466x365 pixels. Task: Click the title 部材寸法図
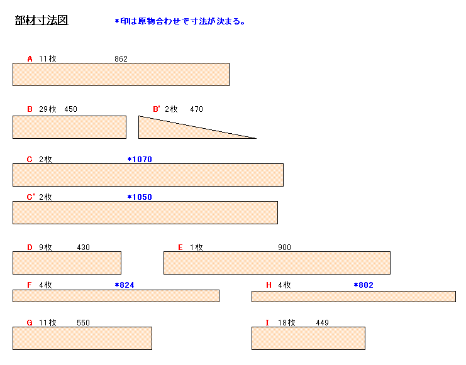(42, 20)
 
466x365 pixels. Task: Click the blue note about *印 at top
(180, 21)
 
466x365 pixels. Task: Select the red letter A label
(30, 59)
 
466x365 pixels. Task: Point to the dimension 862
(121, 59)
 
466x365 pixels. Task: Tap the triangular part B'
(179, 130)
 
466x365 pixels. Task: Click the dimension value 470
(196, 109)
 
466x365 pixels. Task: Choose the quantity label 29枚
(48, 109)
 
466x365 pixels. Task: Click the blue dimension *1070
(140, 160)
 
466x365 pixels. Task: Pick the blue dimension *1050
(140, 197)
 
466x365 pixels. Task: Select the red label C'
(31, 197)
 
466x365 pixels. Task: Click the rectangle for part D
(67, 263)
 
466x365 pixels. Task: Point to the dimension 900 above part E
(284, 248)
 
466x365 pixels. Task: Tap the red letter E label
(180, 248)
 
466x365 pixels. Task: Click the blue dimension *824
(125, 285)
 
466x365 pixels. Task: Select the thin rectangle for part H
(353, 297)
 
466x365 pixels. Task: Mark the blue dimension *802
(363, 285)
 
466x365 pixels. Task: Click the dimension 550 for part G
(83, 323)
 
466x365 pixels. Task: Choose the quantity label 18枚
(287, 323)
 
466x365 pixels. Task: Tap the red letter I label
(267, 323)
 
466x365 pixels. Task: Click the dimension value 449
(322, 323)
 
